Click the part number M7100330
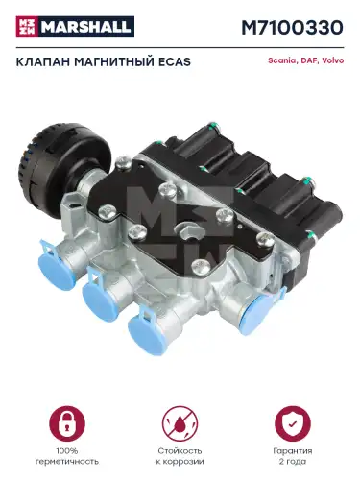[292, 28]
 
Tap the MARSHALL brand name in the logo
[85, 27]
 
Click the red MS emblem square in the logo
[27, 27]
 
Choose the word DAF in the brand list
[307, 60]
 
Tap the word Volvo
[333, 60]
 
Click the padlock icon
[67, 423]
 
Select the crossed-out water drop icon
[180, 423]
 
